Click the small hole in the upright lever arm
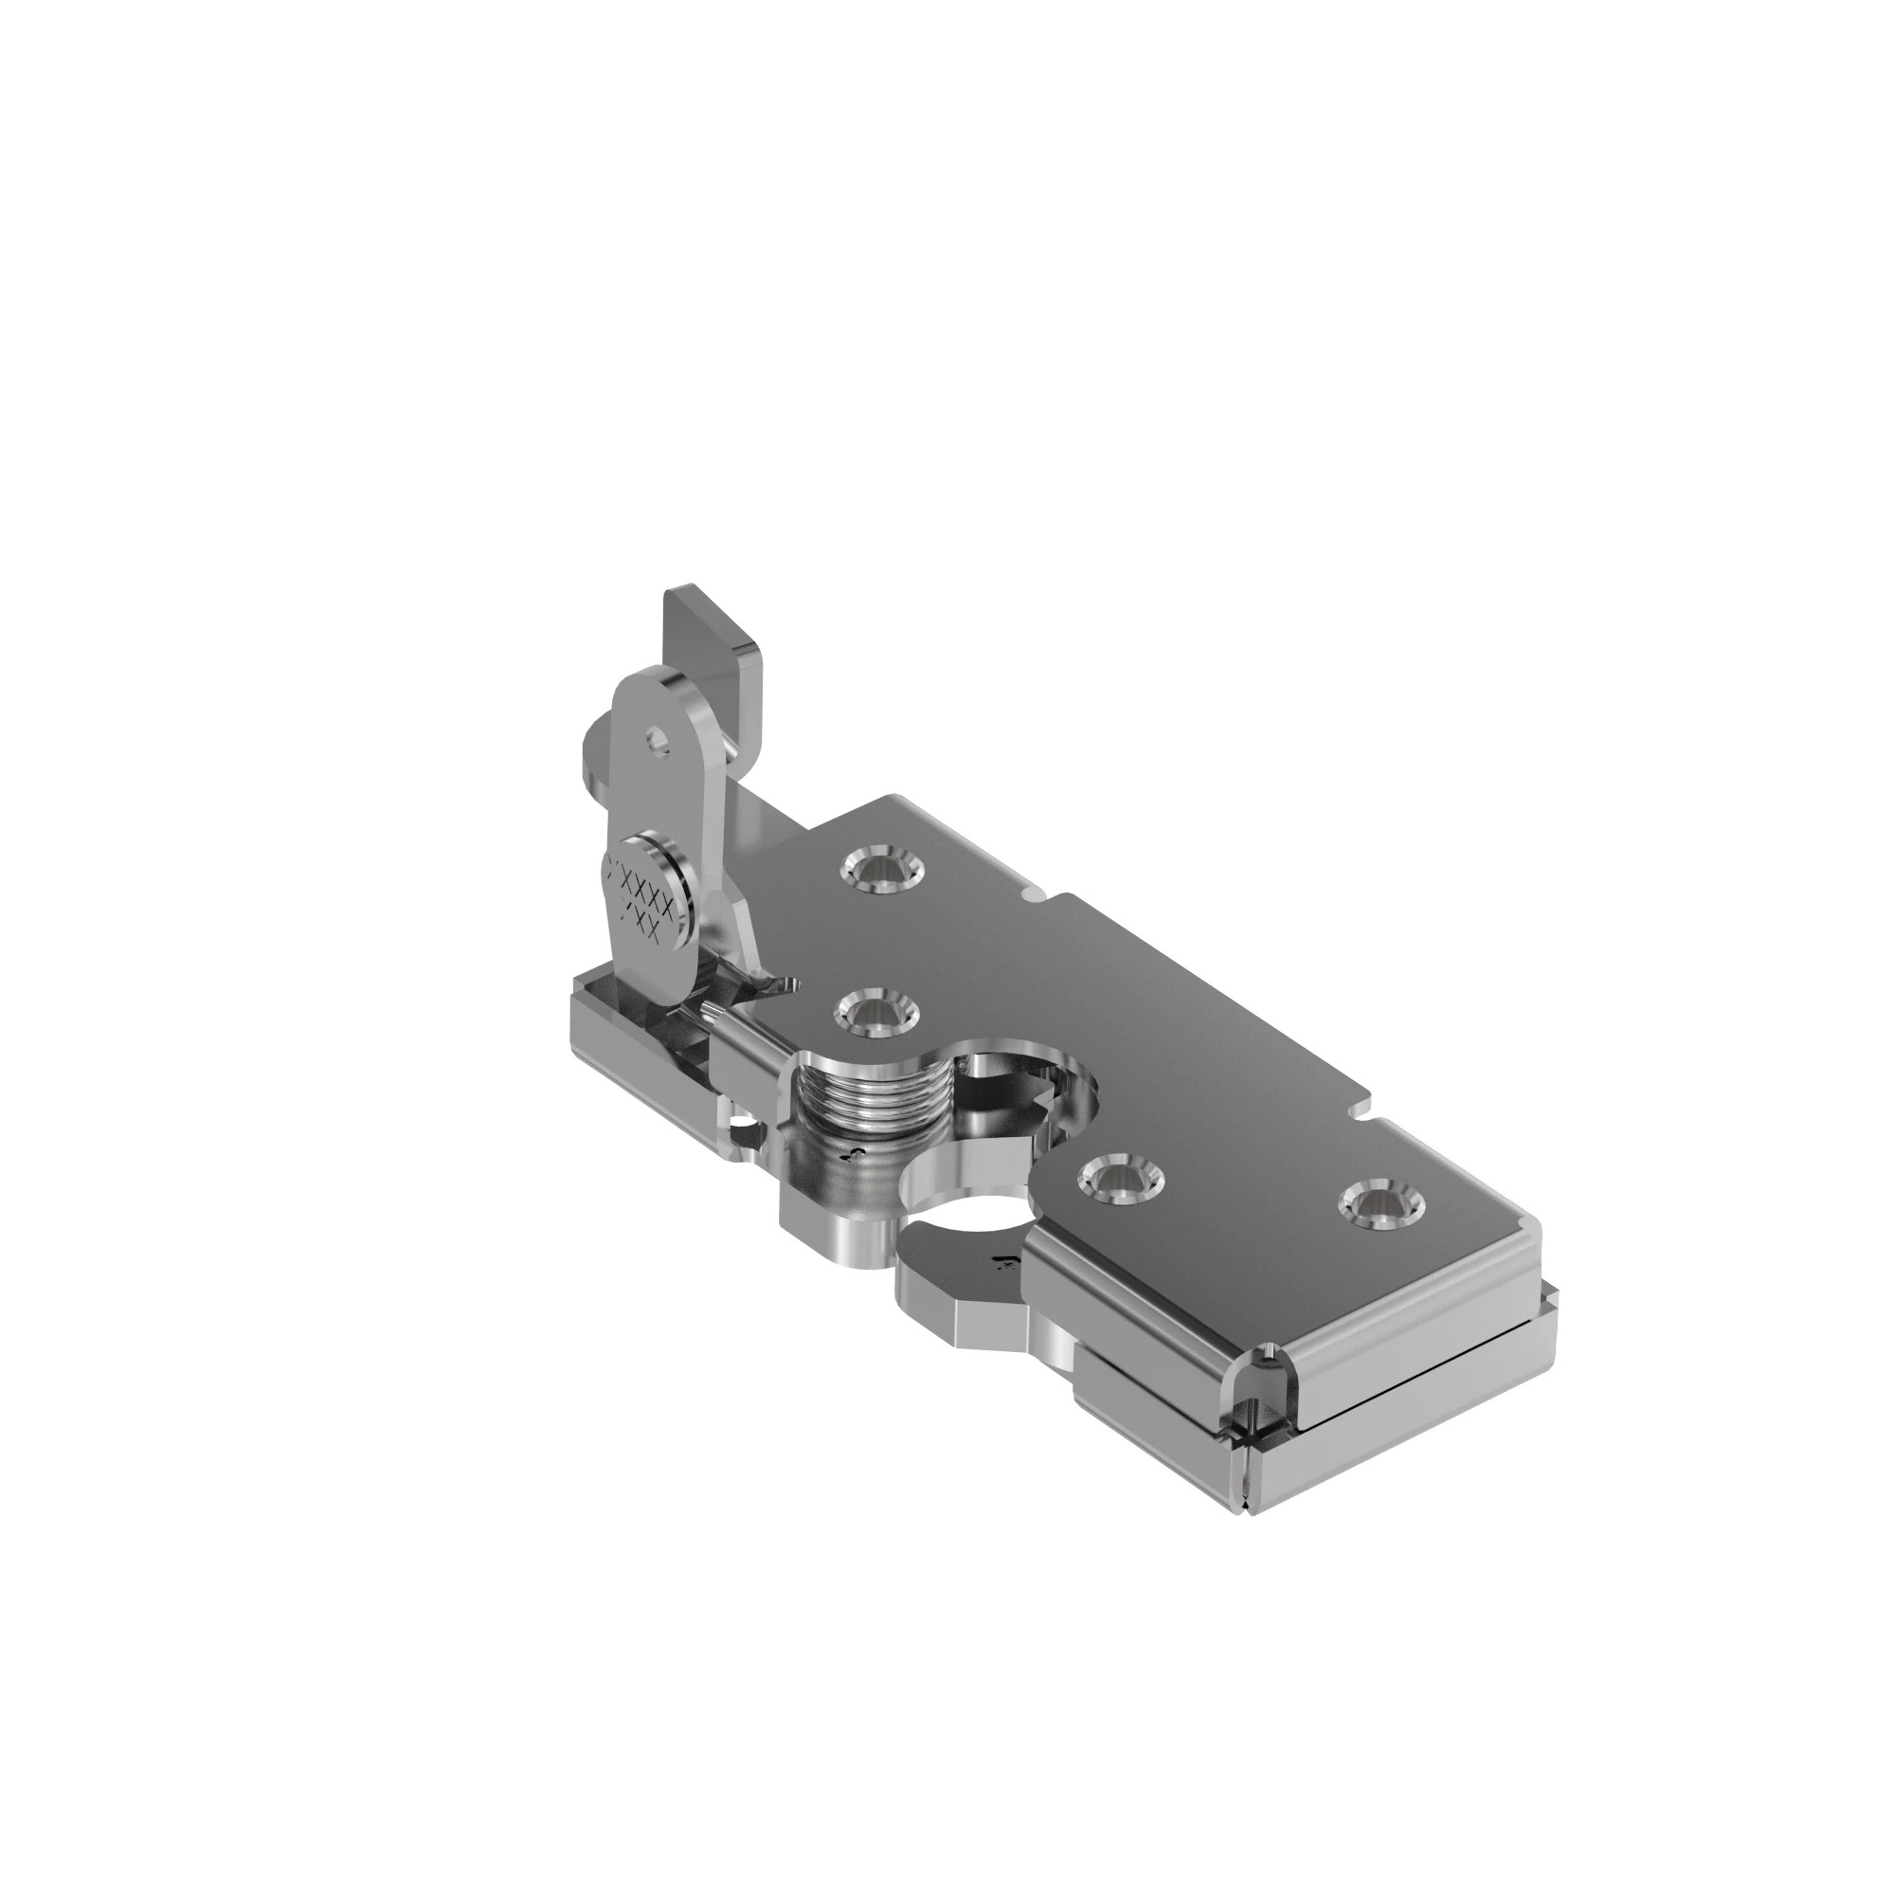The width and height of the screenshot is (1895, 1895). [659, 746]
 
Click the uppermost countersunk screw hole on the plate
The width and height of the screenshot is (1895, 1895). [880, 869]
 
